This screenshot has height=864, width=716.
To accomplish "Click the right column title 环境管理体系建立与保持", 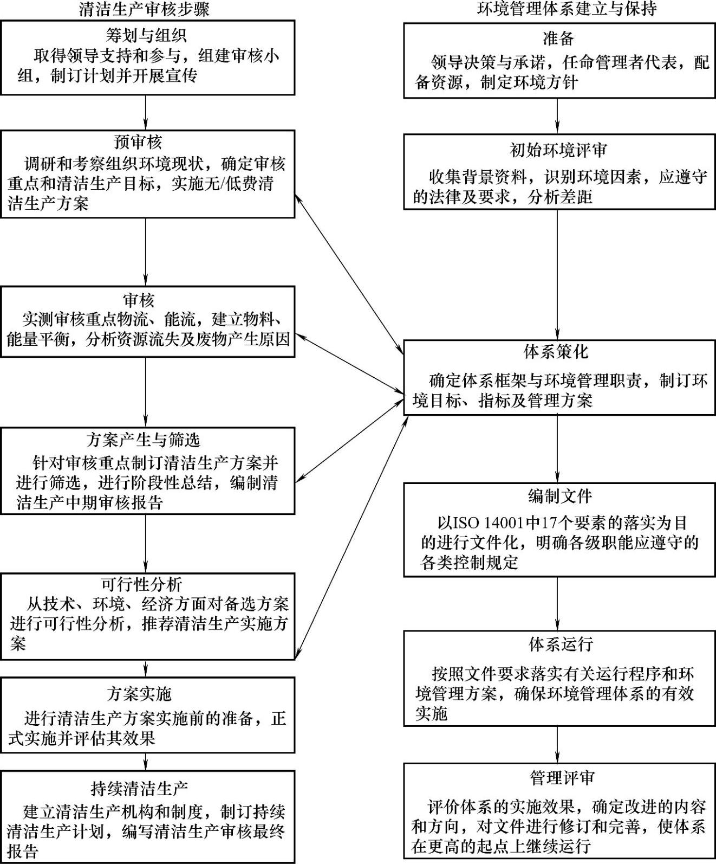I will [x=558, y=9].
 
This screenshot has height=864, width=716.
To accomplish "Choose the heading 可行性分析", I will [x=141, y=584].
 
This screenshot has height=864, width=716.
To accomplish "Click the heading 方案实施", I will [x=139, y=694].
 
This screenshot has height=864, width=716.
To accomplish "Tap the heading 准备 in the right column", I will [x=558, y=38].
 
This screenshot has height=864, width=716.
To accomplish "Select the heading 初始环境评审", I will [x=558, y=150].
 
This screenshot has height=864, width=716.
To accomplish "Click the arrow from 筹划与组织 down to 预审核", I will [x=146, y=112].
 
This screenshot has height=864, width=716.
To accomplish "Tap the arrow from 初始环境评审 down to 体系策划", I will [x=557, y=274].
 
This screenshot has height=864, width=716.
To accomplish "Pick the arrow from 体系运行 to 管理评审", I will [x=557, y=744].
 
